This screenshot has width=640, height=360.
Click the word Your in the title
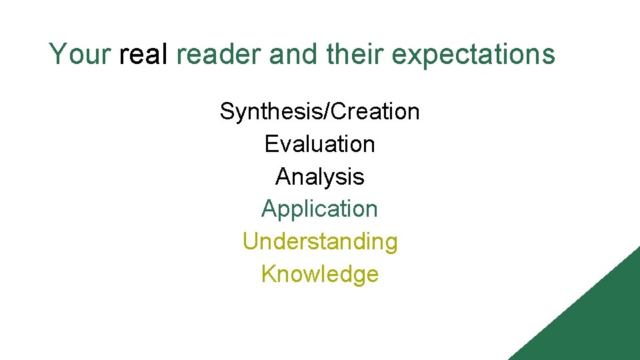click(80, 54)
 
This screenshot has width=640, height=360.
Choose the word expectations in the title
click(473, 54)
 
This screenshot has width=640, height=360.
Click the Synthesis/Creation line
click(320, 111)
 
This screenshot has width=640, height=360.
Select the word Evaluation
click(320, 144)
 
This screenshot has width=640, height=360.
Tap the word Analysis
click(320, 177)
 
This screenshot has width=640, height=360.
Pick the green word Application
click(320, 209)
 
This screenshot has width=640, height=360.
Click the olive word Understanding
click(320, 241)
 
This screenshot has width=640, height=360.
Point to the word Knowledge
click(320, 274)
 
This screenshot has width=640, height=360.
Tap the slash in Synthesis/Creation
click(325, 111)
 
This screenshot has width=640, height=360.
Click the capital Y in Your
click(57, 54)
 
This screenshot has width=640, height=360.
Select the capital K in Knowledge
click(268, 274)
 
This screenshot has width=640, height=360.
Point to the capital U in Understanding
click(251, 241)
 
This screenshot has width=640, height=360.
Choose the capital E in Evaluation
click(271, 144)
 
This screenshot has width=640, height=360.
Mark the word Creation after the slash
click(375, 111)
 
